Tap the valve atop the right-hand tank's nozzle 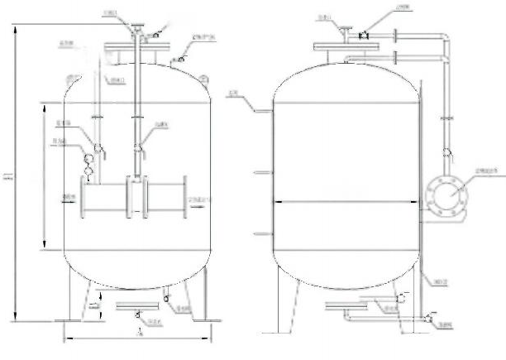362,34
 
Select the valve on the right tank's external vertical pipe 447,152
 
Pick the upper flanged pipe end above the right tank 399,38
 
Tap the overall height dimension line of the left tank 15,174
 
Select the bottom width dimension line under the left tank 136,337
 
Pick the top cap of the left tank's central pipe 133,31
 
